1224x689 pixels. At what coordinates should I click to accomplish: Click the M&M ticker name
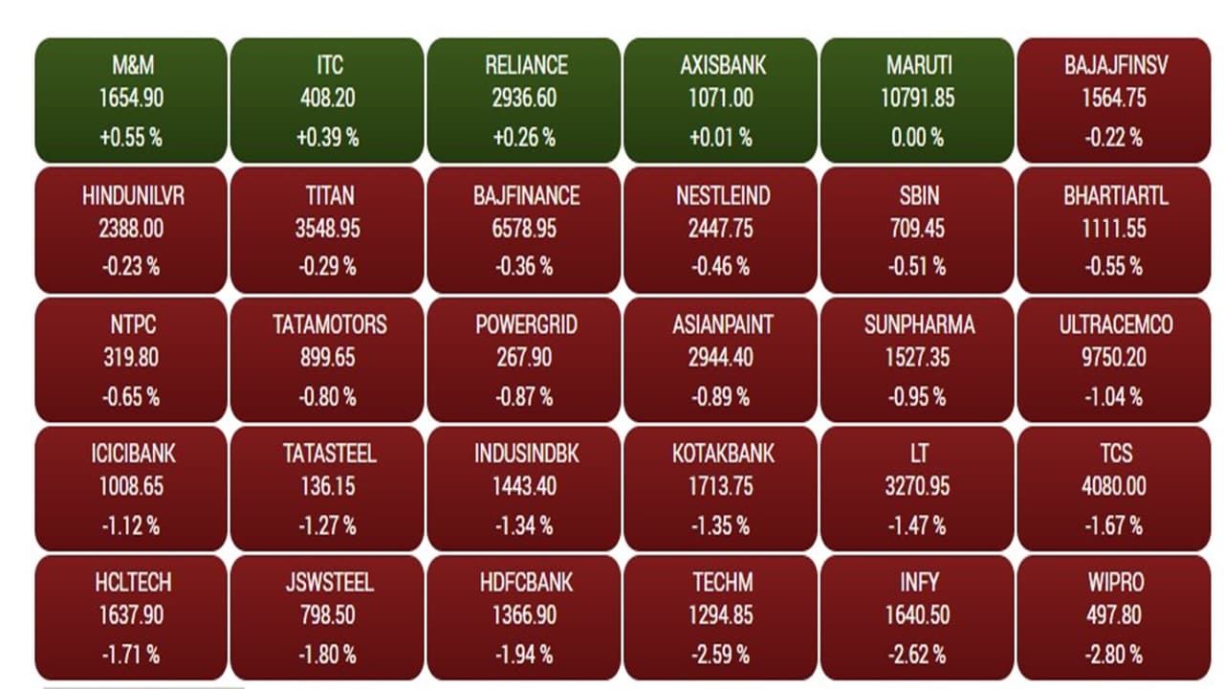coord(132,66)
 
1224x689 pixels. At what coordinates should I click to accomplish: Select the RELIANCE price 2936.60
coord(524,99)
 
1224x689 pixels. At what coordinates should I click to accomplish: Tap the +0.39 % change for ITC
coord(328,138)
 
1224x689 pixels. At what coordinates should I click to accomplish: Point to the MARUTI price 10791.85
coord(917,99)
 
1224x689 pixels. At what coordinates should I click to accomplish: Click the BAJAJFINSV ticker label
coord(1114,66)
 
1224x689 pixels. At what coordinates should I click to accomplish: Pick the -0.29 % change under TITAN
coord(328,267)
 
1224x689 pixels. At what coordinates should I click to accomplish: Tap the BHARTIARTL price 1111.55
coord(1114,230)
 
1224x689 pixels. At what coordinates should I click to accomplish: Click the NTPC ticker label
coord(132,325)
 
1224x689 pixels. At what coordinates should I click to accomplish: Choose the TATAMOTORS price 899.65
coord(328,358)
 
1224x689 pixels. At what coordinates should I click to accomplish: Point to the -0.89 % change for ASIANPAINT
coord(720,396)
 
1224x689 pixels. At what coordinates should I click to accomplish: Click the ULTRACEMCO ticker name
coord(1114,325)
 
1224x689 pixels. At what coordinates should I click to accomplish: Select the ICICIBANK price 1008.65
coord(132,486)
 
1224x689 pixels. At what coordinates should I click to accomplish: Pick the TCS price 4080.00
coord(1114,486)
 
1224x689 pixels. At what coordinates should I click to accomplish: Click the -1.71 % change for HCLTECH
coord(132,656)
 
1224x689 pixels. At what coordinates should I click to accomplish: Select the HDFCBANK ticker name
coord(524,583)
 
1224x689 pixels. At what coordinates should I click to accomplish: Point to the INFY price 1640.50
coord(917,616)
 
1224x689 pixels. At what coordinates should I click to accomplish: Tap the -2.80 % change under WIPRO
coord(1114,656)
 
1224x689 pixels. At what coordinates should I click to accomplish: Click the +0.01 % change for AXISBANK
coord(720,138)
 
